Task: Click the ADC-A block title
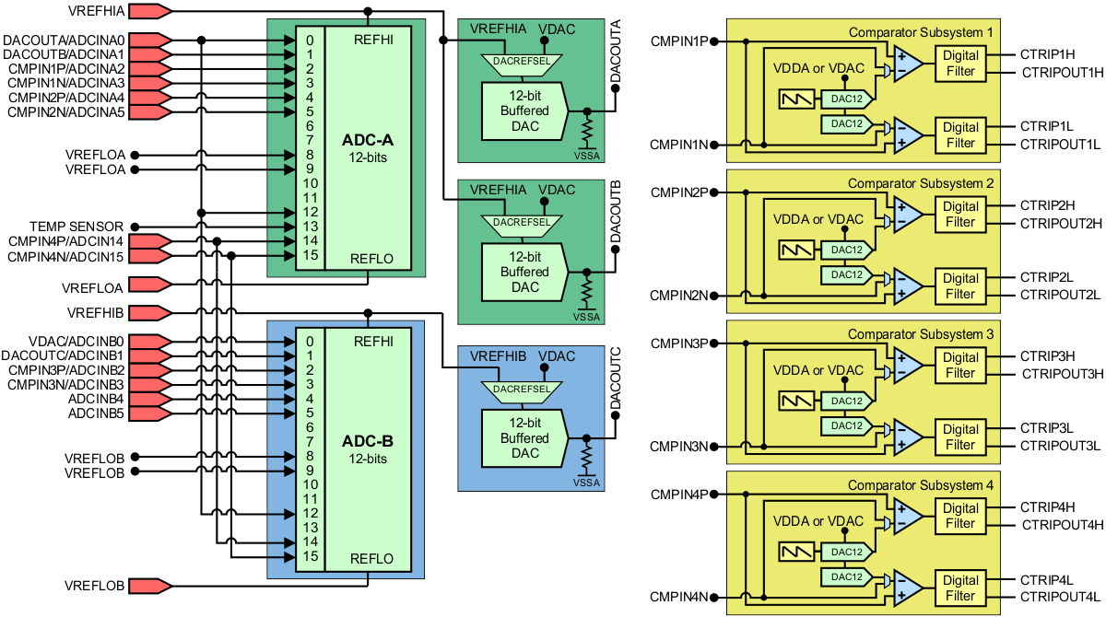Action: coord(367,141)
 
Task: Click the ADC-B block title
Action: coord(367,442)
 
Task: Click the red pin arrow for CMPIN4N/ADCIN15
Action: coord(149,256)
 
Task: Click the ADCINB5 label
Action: coord(96,413)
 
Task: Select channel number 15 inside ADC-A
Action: coord(310,255)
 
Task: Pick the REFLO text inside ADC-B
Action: coord(372,559)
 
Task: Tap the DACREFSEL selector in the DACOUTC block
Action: coord(524,389)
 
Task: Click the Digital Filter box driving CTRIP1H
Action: coord(960,64)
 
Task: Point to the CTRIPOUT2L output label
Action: coord(1060,295)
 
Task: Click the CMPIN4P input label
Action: coord(678,494)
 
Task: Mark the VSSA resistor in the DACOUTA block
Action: coord(585,131)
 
